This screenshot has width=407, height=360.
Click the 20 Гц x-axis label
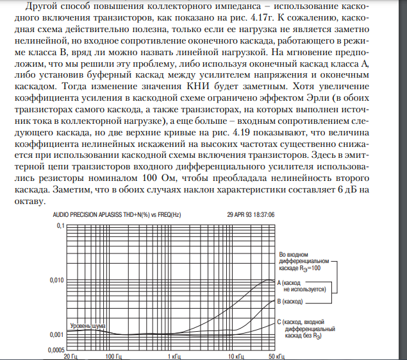click(x=70, y=356)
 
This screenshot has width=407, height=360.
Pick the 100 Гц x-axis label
click(x=113, y=356)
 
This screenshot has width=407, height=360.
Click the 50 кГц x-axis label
click(x=276, y=356)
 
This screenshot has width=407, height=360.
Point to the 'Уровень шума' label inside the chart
click(x=87, y=326)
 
